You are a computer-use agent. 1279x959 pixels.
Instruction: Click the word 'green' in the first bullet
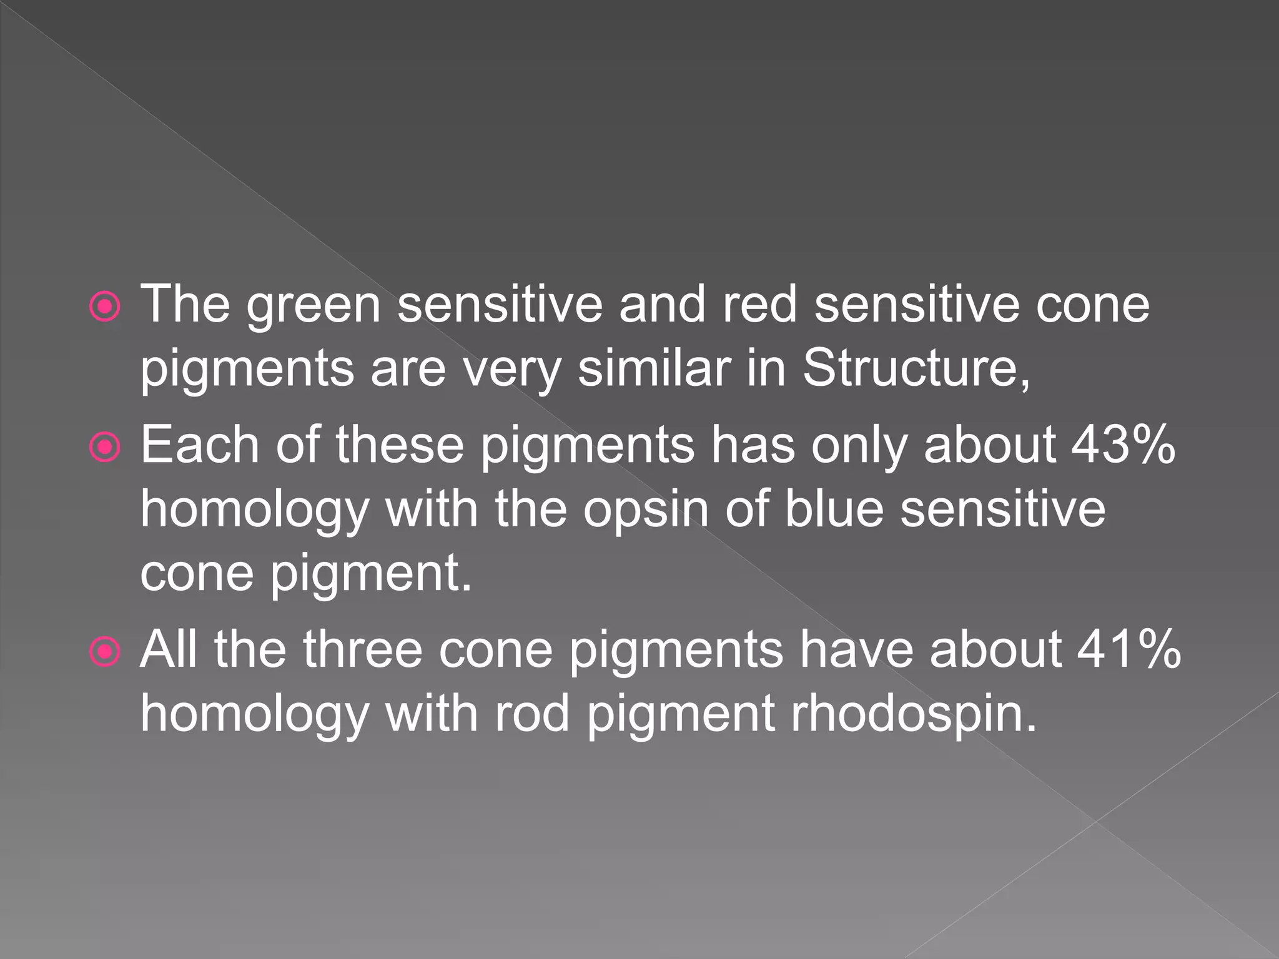point(313,306)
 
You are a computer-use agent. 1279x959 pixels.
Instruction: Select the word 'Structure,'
point(916,368)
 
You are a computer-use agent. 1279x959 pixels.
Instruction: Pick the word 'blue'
point(834,509)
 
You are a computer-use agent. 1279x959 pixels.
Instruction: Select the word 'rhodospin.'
point(914,714)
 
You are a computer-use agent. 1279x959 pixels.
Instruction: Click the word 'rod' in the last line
point(532,714)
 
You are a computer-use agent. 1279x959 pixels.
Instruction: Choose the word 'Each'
point(199,445)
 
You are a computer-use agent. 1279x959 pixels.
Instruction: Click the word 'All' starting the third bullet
point(169,650)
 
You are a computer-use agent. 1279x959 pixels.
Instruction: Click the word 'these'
point(400,445)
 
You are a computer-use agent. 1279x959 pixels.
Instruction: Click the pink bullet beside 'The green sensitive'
point(105,307)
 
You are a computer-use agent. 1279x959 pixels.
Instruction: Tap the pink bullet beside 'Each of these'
point(105,448)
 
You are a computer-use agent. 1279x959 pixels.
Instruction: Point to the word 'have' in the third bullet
point(857,650)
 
